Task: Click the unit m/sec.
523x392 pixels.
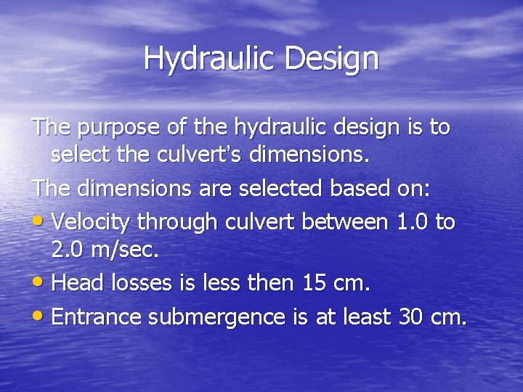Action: click(x=126, y=251)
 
